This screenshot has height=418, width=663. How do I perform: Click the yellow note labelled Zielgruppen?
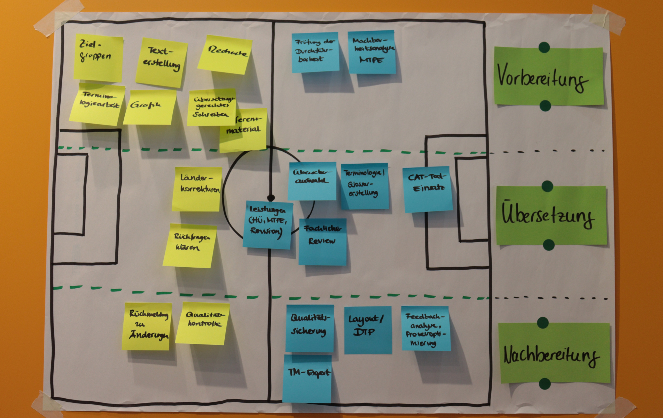(98, 58)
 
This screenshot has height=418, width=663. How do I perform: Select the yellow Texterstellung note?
(161, 63)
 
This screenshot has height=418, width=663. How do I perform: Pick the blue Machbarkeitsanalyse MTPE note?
(372, 52)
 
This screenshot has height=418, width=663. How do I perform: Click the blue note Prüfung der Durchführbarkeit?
(315, 52)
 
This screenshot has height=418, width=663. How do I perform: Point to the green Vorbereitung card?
(549, 76)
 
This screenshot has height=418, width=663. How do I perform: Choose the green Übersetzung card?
(551, 215)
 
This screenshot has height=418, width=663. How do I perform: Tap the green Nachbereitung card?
(554, 353)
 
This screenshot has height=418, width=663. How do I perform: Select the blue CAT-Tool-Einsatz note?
(428, 189)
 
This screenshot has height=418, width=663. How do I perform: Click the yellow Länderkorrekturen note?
(197, 189)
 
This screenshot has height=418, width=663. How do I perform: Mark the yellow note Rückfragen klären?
(190, 245)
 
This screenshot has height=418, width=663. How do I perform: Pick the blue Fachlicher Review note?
(323, 241)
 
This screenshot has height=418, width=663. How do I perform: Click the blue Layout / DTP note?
(368, 330)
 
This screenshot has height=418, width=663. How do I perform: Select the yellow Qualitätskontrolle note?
(203, 323)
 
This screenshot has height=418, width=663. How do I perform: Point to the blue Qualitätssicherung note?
(310, 328)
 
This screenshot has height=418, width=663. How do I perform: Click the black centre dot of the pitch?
(271, 198)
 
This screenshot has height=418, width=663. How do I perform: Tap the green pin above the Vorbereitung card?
(544, 47)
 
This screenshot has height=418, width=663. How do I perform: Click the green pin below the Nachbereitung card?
(545, 384)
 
